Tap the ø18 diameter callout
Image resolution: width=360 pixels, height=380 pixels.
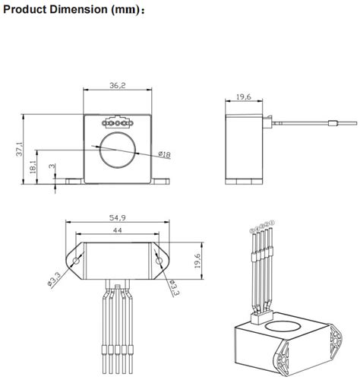(x=164, y=156)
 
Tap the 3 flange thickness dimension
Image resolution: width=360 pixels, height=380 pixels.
(x=51, y=168)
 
